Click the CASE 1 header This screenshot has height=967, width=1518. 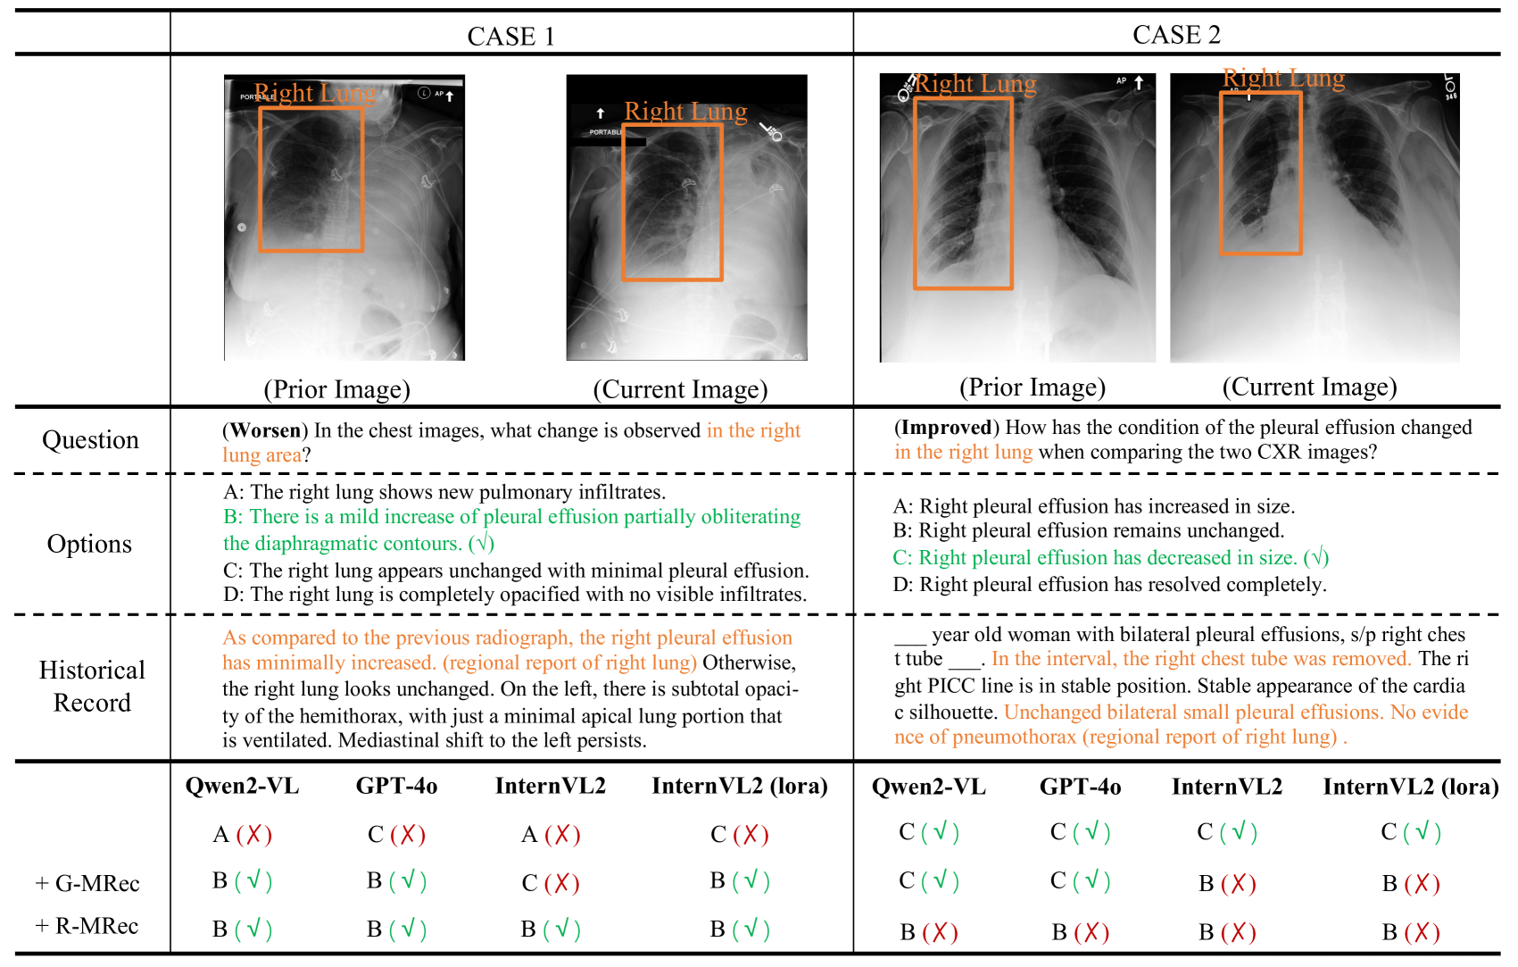coord(510,37)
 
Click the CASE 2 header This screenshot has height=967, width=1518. coord(1176,35)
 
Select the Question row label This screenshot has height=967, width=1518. coord(90,440)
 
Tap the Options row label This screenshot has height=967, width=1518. coord(89,544)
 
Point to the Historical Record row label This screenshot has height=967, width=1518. coord(92,686)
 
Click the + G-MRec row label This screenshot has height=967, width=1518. coord(87,884)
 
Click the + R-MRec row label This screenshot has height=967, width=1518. coord(87,926)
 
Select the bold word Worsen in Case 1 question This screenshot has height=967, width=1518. coord(265,430)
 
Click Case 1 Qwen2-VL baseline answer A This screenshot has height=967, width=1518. coord(222,835)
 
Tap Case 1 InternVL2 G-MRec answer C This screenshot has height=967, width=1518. coord(530,884)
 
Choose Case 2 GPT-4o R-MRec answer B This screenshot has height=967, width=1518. coord(1059,932)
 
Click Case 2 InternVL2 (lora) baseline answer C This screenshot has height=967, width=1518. coord(1389,832)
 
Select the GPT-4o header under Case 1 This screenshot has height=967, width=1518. coord(396,786)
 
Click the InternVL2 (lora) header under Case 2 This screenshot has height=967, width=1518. coord(1410,787)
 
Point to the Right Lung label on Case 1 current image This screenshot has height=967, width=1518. coord(685,112)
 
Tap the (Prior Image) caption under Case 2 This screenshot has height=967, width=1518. coord(1032,388)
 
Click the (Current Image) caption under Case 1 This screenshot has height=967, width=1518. coord(680,389)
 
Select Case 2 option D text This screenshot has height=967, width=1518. coord(1109,585)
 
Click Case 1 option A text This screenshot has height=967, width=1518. coord(444,492)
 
